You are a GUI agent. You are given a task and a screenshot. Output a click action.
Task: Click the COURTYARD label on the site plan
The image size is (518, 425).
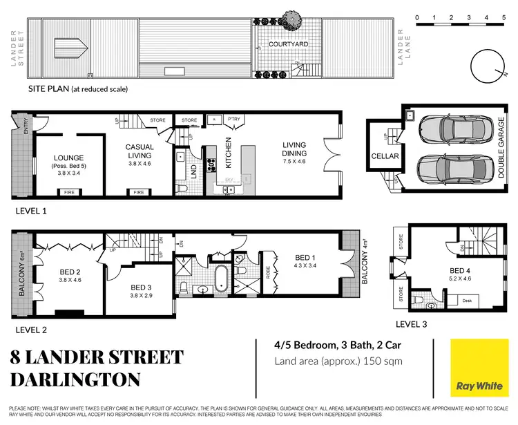pyautogui.click(x=289, y=44)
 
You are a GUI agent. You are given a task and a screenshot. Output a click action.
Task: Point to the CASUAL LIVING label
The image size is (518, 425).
pyautogui.click(x=139, y=151)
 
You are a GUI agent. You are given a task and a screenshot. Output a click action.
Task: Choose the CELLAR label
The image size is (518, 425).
pyautogui.click(x=385, y=156)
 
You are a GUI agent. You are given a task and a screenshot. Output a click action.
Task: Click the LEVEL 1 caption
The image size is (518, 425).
pyautogui.click(x=30, y=211)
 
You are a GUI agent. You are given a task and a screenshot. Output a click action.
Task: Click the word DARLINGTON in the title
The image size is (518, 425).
pyautogui.click(x=75, y=379)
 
